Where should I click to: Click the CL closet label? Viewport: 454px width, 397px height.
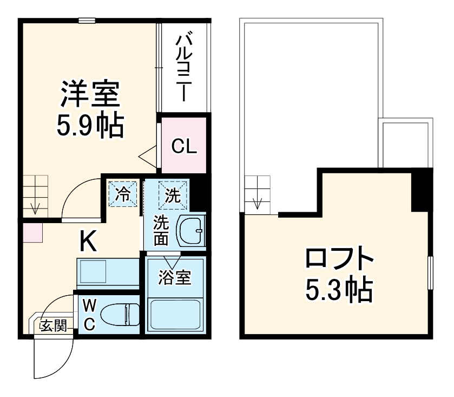[x=184, y=146]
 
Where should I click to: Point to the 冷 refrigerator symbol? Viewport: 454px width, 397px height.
[x=124, y=194]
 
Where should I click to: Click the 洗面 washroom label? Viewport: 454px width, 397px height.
[x=161, y=230]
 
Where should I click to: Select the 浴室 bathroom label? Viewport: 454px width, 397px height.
[x=174, y=278]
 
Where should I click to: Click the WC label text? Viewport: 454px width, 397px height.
[x=90, y=314]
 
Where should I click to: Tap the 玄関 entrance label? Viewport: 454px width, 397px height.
[x=53, y=326]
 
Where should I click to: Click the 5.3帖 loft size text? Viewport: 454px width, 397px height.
[x=339, y=291]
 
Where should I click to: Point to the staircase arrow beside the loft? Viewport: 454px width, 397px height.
[x=258, y=203]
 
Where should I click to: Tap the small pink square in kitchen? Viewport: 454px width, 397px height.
[x=32, y=232]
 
